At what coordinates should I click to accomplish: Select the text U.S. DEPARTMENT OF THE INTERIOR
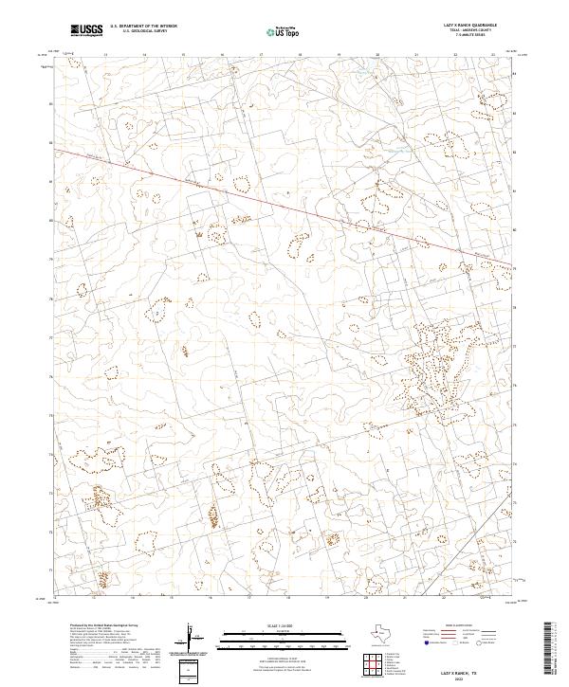(141, 26)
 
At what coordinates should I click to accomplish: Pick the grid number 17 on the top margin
(261, 55)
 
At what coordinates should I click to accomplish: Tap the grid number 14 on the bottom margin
(131, 599)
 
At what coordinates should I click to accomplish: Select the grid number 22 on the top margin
(456, 55)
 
